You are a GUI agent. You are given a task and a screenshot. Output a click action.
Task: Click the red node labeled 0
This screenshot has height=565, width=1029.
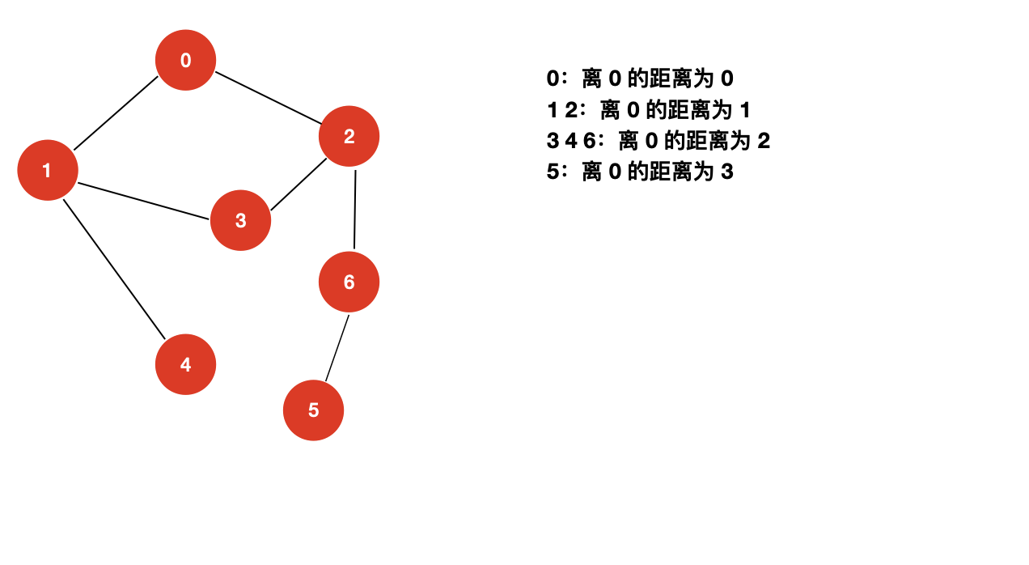coord(185,60)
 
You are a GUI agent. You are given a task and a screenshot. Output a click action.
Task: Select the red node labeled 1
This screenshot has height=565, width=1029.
coord(48,170)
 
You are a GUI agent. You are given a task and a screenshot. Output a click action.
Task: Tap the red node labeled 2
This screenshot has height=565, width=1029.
coord(349,136)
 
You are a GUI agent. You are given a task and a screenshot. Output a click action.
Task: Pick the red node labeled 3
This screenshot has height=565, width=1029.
coord(240,220)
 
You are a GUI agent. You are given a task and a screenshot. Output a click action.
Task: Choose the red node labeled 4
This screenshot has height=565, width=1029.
coord(185,364)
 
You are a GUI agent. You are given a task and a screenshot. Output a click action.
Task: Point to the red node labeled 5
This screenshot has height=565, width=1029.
coord(313,410)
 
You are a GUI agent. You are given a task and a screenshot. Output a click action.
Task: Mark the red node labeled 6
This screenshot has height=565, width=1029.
coord(349,282)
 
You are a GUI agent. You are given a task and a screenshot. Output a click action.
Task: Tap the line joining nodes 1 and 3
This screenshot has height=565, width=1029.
coord(144,200)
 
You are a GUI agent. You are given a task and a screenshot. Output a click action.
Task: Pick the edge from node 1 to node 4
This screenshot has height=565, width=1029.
coord(114,269)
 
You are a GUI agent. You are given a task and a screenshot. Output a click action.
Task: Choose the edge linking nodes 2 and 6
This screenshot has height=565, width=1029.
coord(354,209)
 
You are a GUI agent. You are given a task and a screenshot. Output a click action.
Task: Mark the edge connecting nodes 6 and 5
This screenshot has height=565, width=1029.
coord(337,348)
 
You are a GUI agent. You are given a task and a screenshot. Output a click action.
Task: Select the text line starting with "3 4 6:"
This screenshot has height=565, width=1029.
coord(658,141)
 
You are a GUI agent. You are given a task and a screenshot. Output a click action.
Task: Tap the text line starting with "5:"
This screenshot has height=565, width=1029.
coord(640,172)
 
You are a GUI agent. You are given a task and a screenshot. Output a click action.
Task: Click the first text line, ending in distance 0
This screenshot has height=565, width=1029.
coord(640,79)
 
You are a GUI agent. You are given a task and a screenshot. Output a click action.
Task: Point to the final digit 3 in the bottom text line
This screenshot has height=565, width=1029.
coord(726,172)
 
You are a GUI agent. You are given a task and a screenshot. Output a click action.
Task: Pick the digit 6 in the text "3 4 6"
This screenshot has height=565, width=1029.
coord(589,141)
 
